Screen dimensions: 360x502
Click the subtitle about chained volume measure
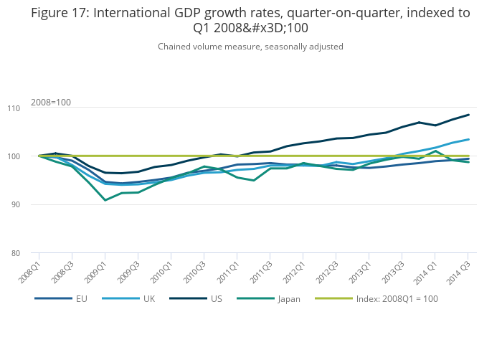[x=250, y=47]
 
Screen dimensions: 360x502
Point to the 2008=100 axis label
[x=51, y=103]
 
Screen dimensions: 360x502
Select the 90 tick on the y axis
[x=24, y=205]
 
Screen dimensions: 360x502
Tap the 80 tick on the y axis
[x=24, y=253]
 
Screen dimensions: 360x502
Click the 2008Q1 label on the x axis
[x=30, y=268]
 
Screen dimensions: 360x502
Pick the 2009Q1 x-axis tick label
[x=96, y=268]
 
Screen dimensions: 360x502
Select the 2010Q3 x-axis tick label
[x=195, y=268]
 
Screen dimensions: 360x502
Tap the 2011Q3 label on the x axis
[x=261, y=268]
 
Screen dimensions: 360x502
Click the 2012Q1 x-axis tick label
[x=294, y=268]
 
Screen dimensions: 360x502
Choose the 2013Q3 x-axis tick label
[x=393, y=268]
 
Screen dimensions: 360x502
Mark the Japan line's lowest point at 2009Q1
[x=105, y=200]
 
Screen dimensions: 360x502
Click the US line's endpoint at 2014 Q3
[x=468, y=115]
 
